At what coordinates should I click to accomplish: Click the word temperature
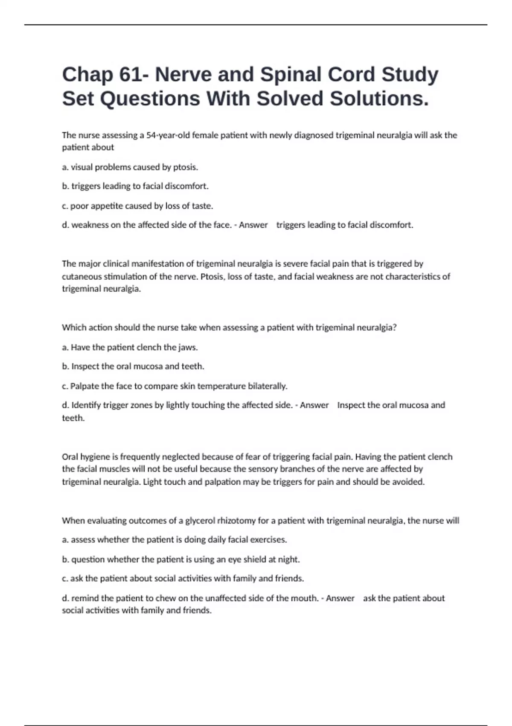click(x=221, y=386)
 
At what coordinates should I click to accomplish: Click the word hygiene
click(x=94, y=457)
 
